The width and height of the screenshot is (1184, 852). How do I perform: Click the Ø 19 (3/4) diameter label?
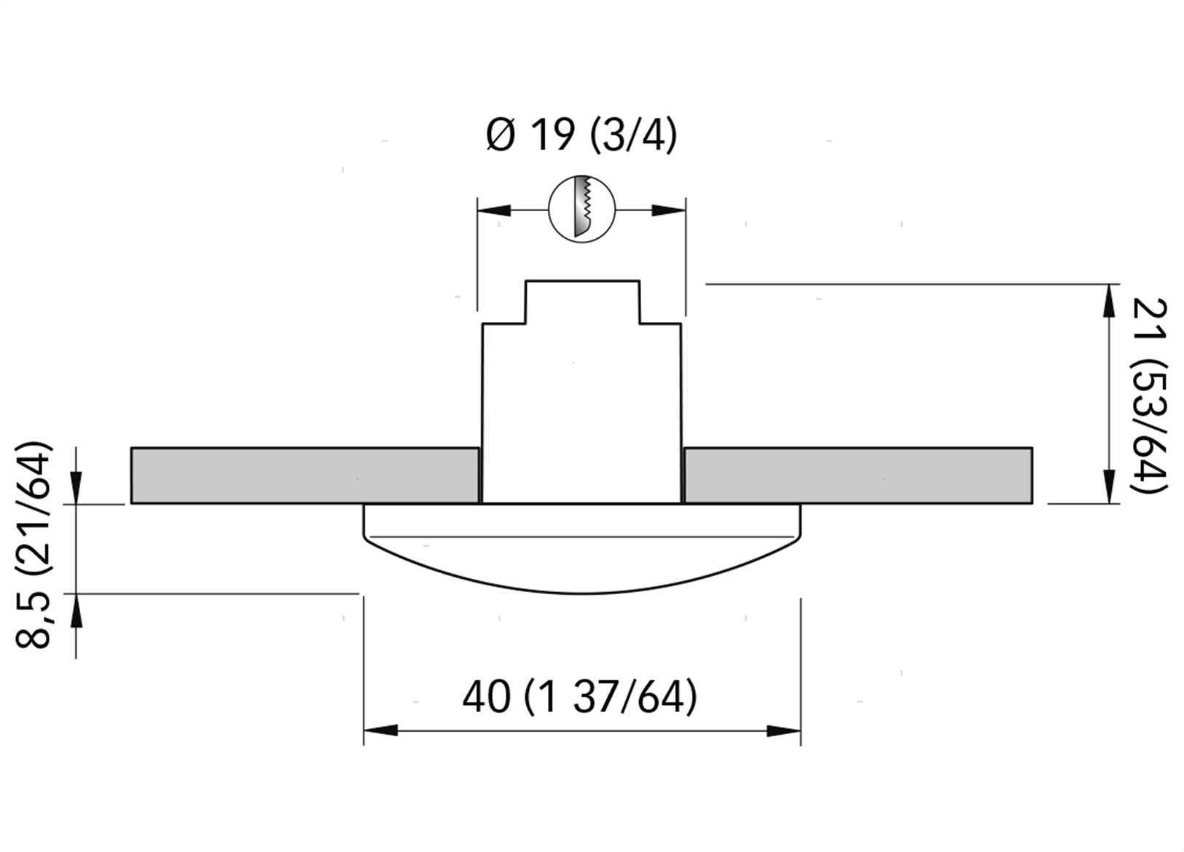pos(581,135)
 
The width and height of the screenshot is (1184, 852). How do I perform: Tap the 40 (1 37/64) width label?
pos(580,697)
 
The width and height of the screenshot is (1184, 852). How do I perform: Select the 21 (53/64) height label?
pos(1149,397)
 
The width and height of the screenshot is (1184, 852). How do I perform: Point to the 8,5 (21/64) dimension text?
pos(33,544)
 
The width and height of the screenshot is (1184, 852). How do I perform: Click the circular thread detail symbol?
pos(582,209)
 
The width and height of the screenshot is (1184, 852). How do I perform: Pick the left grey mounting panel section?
pos(305,476)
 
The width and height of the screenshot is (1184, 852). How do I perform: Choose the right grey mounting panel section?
pos(858,476)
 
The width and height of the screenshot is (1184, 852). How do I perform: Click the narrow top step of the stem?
pos(582,301)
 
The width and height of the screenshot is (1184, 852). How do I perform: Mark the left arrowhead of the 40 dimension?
pos(380,731)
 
